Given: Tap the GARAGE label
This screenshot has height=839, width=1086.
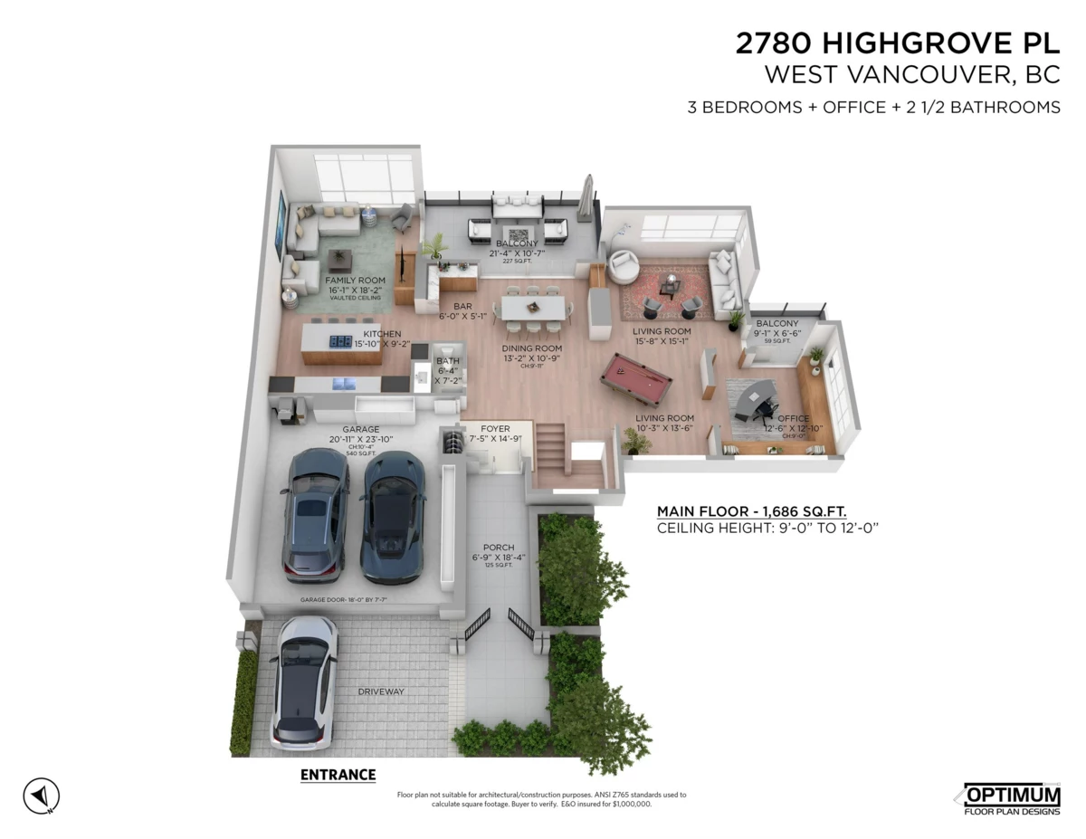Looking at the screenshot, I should (360, 429).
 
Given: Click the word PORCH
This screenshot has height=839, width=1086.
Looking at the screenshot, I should (499, 547).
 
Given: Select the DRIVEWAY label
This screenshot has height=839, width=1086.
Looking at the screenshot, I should (380, 691).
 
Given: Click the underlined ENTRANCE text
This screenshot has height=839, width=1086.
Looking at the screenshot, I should (337, 775).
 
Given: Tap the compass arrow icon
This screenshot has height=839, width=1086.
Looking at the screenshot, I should (41, 796).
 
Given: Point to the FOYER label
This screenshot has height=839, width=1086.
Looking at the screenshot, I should (495, 428).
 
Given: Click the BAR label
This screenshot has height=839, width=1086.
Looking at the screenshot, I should (463, 306).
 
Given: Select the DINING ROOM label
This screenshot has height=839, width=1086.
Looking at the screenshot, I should (532, 348).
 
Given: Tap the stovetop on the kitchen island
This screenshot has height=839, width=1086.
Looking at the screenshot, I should (340, 341).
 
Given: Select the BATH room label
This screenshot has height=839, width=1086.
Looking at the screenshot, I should (448, 361).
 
